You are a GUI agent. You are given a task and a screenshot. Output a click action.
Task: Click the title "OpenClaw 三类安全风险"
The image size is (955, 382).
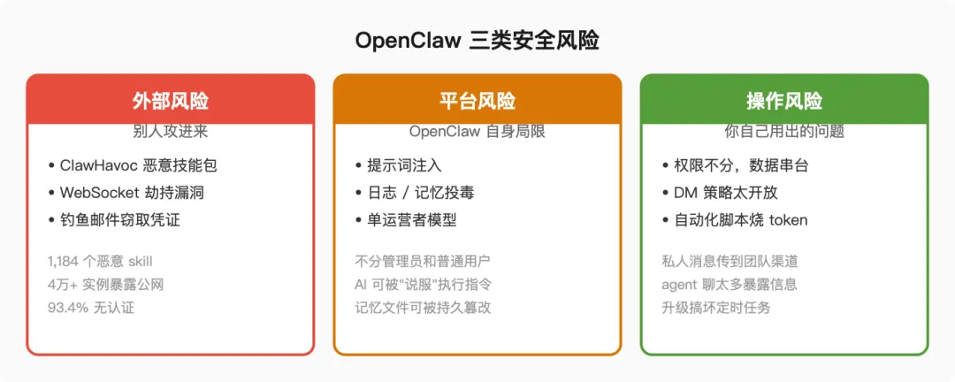tap(477, 41)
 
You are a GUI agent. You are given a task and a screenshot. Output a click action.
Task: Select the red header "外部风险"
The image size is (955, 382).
tap(170, 101)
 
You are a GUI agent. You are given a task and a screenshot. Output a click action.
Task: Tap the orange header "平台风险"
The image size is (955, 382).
tap(477, 101)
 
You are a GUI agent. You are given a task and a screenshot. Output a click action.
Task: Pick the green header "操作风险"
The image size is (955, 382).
tap(784, 101)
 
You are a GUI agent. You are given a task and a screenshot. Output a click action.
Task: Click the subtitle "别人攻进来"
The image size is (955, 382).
tap(170, 132)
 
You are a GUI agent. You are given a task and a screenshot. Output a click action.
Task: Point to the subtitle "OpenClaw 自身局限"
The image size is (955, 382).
tap(477, 132)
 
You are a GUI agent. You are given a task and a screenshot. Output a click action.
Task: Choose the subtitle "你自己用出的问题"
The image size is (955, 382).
tap(784, 132)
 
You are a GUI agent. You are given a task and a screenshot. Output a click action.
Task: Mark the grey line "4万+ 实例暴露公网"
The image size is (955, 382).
tap(105, 285)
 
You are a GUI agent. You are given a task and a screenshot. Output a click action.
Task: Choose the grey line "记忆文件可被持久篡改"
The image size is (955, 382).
tap(423, 308)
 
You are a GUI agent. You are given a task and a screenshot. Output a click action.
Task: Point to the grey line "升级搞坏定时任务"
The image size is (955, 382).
tap(716, 308)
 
